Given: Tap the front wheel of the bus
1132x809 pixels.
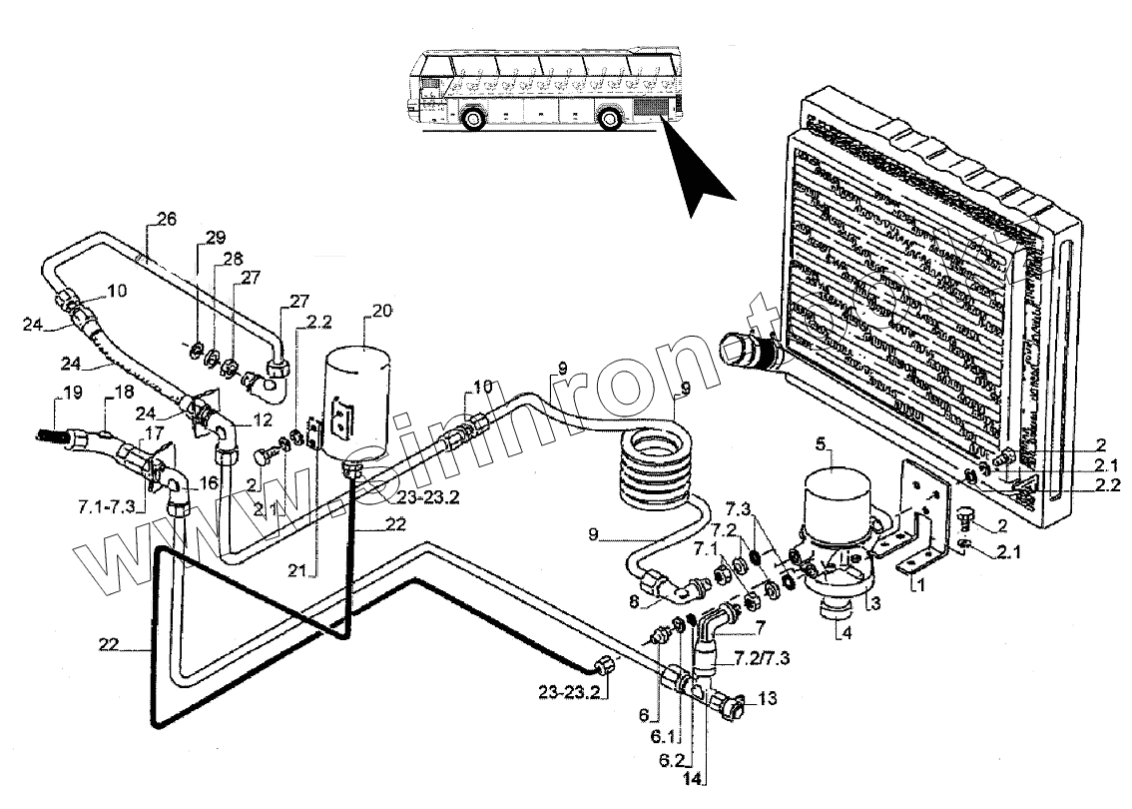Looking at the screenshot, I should [473, 121].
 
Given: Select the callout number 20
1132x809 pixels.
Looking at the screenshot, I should [381, 313].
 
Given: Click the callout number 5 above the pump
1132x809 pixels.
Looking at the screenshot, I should [821, 442].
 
